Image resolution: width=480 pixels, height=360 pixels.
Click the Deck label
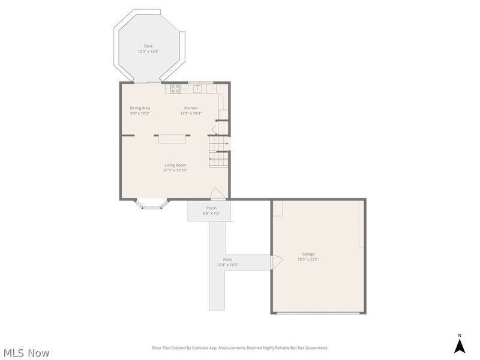148,46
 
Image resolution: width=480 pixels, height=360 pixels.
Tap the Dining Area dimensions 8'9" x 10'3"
140,113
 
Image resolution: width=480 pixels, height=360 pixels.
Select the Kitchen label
191,108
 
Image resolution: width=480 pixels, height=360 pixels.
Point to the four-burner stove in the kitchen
175,88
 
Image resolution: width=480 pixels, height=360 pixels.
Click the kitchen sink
197,88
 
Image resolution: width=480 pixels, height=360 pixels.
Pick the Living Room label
175,165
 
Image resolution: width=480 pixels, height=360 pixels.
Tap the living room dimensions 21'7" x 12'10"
175,170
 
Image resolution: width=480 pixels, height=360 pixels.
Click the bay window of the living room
152,204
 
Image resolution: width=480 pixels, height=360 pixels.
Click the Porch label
211,208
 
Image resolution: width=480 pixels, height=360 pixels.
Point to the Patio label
227,260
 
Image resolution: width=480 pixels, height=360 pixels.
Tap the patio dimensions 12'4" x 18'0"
227,265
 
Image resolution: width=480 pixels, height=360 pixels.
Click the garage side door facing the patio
276,262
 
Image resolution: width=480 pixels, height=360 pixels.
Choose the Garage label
308,254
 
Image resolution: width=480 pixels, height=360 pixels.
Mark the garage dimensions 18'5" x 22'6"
308,259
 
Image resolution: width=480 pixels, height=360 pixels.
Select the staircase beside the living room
219,152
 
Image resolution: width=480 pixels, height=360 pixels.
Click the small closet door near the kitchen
215,129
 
